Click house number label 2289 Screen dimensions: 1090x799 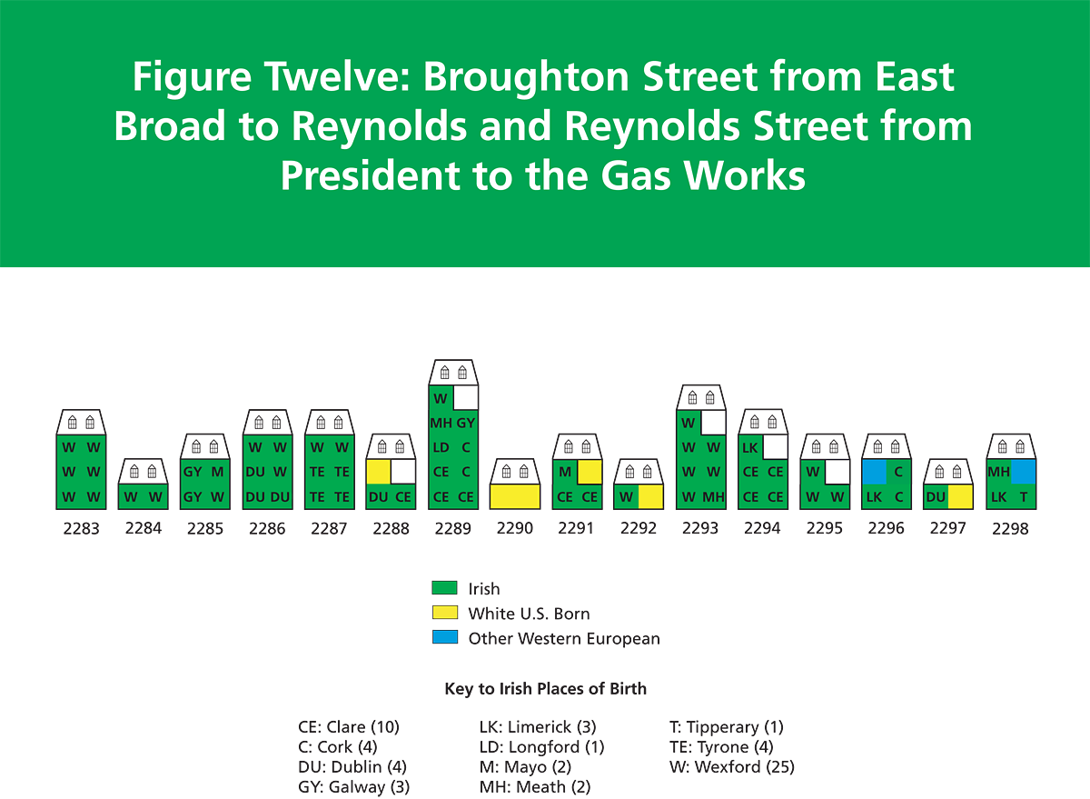click(x=452, y=528)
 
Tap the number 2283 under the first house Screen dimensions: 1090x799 click(x=81, y=528)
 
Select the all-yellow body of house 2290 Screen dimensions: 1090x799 click(x=515, y=496)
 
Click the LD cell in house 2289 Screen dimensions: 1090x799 click(x=441, y=447)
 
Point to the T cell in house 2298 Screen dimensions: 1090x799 click(x=1024, y=496)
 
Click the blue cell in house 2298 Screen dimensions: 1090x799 click(x=1024, y=472)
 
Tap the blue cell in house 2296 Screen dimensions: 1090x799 click(x=875, y=472)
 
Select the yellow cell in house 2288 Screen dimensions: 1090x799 click(x=379, y=472)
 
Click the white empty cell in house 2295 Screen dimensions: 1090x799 click(x=837, y=472)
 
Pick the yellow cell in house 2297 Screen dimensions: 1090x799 click(x=961, y=496)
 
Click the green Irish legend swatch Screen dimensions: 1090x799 click(x=444, y=588)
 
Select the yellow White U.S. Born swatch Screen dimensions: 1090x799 click(x=444, y=613)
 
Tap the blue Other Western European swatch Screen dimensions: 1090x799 click(x=444, y=637)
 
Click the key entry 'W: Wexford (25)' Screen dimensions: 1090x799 click(x=732, y=767)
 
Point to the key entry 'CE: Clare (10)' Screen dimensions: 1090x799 click(x=349, y=727)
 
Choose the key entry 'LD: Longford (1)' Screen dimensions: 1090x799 click(x=541, y=747)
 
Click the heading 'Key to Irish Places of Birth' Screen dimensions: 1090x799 click(x=546, y=688)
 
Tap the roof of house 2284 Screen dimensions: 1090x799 click(x=144, y=471)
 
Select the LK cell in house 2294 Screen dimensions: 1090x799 click(x=750, y=447)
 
